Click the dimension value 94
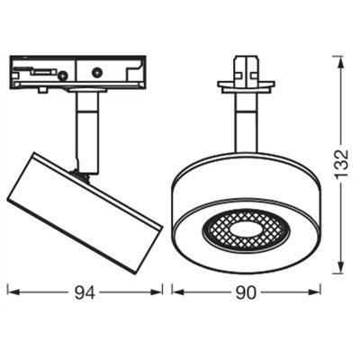[86, 292]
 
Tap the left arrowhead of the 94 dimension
[12, 292]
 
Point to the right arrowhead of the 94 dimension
[158, 292]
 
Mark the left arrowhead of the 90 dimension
[175, 292]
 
